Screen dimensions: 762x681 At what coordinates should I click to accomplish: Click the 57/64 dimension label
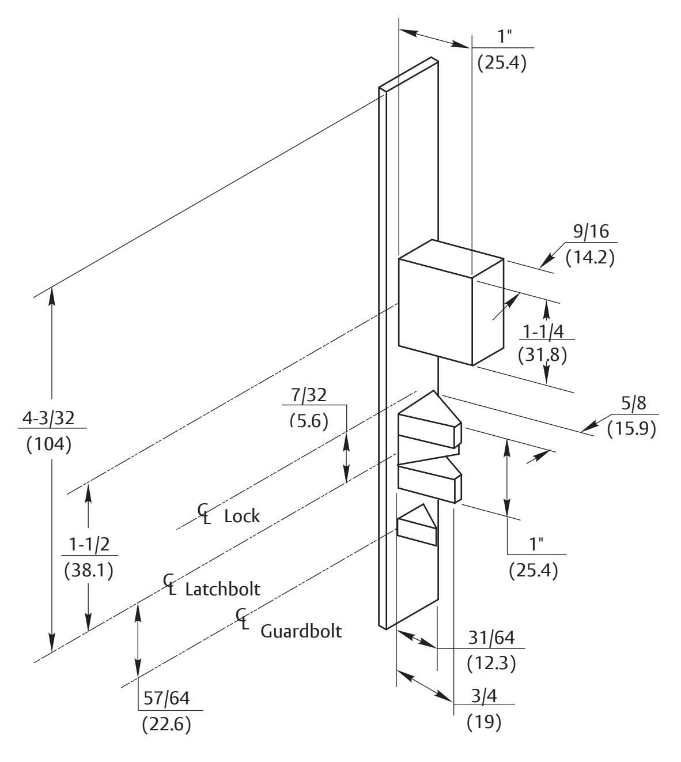tap(165, 700)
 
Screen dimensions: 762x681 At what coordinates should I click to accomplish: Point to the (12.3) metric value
tap(490, 663)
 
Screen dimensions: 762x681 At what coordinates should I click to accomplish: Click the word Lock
tap(242, 516)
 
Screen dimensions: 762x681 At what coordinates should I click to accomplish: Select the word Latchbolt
tap(222, 590)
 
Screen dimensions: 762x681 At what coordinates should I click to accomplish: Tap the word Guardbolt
tap(301, 631)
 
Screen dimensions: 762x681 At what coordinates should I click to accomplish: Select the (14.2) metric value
tap(589, 258)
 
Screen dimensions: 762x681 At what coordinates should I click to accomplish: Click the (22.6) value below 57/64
tap(166, 725)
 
